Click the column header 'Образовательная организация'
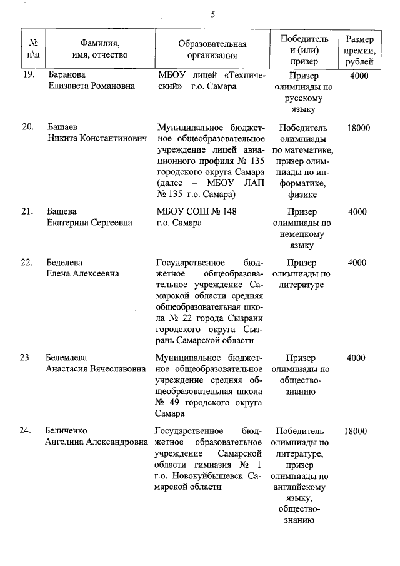(x=212, y=50)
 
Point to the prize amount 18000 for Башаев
(x=358, y=128)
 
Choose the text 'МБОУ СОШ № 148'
(x=197, y=211)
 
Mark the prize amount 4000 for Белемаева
(x=356, y=358)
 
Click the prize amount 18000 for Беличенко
(x=356, y=431)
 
